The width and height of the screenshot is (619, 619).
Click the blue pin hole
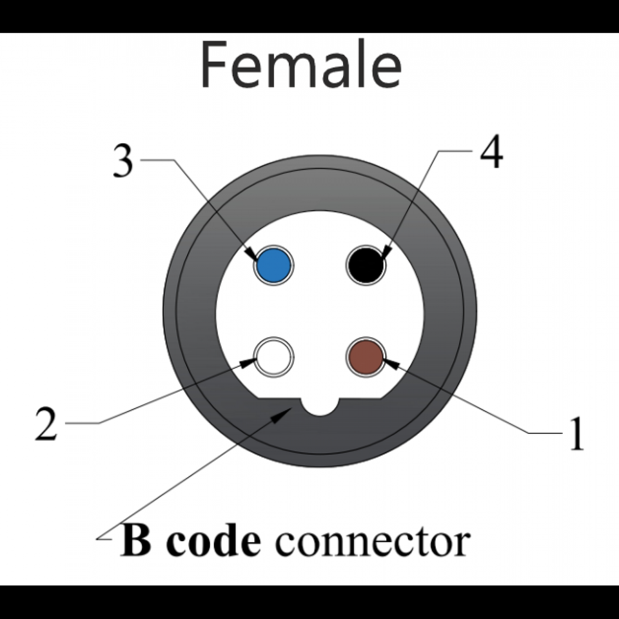273,265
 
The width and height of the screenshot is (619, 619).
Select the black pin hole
366,264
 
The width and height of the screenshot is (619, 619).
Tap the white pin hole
274,356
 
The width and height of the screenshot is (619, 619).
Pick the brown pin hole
366,356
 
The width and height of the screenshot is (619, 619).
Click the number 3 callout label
123,161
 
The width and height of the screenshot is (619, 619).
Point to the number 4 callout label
491,153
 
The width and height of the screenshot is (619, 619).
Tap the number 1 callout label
576,433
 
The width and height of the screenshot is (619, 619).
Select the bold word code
212,540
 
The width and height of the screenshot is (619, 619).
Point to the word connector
372,542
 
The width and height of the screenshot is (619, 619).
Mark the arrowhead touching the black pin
386,252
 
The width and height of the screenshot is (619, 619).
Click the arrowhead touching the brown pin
391,363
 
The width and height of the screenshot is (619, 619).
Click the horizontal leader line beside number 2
83,423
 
